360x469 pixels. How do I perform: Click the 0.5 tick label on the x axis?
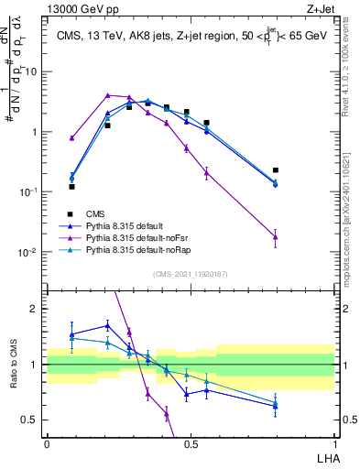191,443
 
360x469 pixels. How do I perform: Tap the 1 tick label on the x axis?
334,443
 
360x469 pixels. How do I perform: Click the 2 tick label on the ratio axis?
36,309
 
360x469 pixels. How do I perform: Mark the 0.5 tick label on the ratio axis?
32,420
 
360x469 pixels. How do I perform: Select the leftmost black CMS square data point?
71,186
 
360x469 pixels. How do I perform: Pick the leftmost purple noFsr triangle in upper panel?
71,138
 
